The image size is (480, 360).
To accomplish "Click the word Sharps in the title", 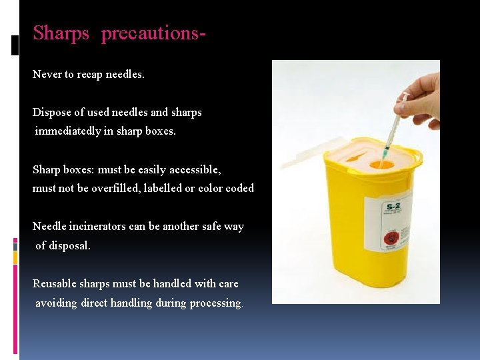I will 61,33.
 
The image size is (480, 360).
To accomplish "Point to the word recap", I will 90,74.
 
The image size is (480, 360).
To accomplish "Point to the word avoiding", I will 56,303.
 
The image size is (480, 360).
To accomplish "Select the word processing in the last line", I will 215,303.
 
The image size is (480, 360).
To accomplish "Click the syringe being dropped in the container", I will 393,127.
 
